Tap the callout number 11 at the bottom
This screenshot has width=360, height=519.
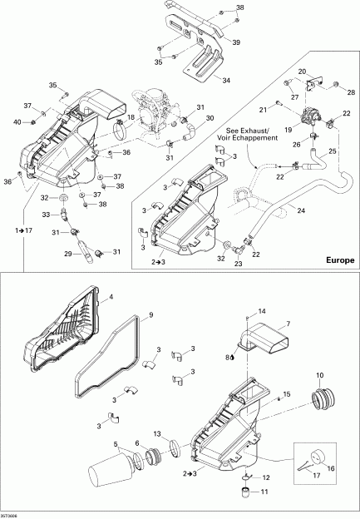pos(266,492)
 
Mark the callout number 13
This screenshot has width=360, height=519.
pos(157,434)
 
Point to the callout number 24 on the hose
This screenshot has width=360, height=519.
pos(300,211)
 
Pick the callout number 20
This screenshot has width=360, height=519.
pos(303,72)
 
